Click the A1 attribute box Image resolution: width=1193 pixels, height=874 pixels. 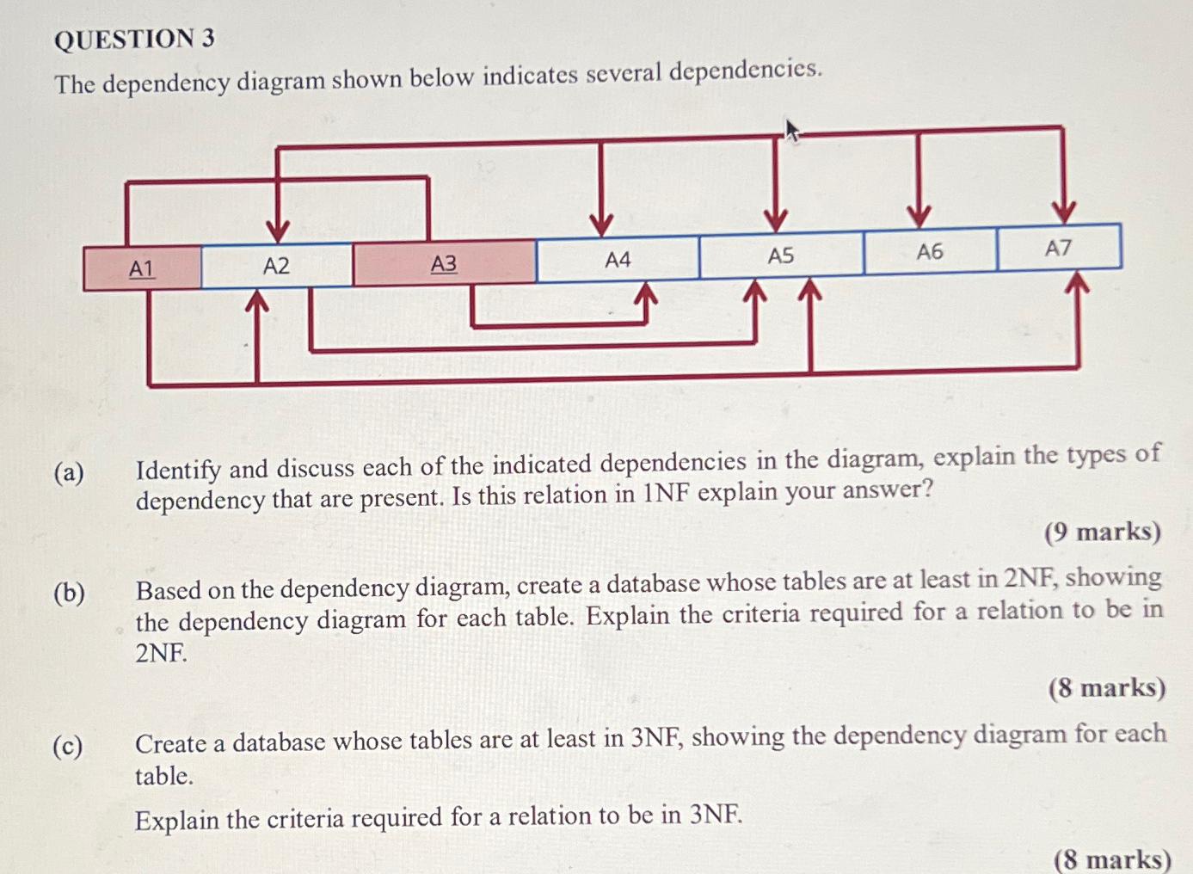pos(142,268)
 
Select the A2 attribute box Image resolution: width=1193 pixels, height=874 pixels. pos(276,266)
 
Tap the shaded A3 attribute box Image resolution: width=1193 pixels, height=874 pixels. pos(444,263)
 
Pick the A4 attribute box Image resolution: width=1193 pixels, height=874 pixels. pos(618,259)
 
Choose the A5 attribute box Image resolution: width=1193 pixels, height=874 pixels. pos(780,255)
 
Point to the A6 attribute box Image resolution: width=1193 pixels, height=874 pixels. pos(930,251)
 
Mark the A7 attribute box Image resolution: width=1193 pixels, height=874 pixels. pos(1058,248)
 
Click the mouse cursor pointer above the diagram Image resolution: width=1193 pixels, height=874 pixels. pos(792,132)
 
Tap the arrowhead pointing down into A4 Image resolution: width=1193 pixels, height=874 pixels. pos(601,223)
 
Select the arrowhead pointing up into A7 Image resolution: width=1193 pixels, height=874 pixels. pos(1077,282)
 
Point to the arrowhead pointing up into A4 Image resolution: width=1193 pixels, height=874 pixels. pos(646,293)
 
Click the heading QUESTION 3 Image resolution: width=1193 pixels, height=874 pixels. pos(134,39)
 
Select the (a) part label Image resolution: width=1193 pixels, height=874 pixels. pos(69,472)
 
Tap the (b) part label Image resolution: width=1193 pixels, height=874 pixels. pos(69,593)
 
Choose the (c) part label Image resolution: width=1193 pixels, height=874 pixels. pos(68,746)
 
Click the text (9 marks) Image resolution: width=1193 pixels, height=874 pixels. pos(1103,532)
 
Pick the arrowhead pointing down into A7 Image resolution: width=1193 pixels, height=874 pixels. pos(1064,212)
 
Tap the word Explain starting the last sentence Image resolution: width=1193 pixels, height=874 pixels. pos(176,820)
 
